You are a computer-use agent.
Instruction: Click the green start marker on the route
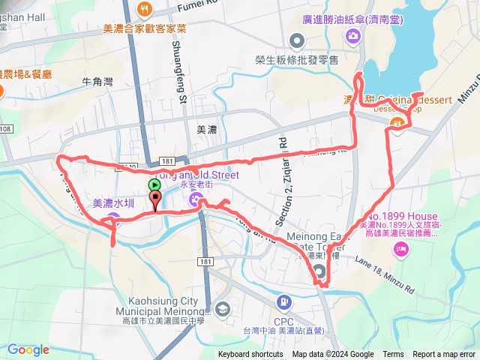(x=154, y=184)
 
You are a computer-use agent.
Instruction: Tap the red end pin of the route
(x=155, y=199)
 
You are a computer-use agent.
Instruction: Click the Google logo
(x=28, y=349)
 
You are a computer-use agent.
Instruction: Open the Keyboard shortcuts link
(x=251, y=354)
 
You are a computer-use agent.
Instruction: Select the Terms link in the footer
(x=393, y=354)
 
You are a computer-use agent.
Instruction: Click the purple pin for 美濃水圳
(x=112, y=219)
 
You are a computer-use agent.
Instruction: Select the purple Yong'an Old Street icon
(x=196, y=199)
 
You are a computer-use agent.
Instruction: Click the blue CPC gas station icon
(x=284, y=302)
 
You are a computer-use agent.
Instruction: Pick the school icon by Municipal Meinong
(x=222, y=308)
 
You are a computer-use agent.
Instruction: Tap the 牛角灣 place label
(x=97, y=80)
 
